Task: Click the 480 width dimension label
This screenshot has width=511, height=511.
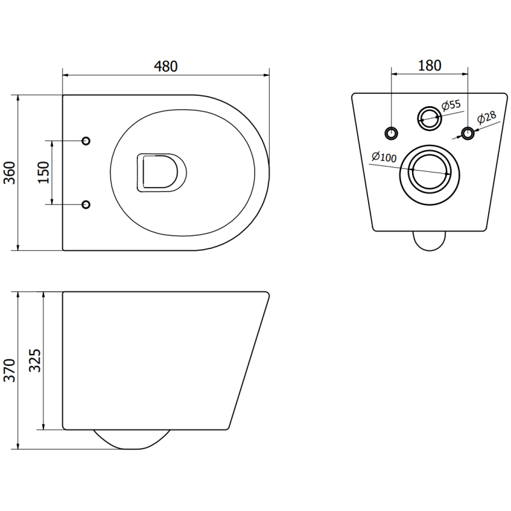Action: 165,66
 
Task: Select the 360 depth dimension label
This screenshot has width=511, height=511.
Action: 10,172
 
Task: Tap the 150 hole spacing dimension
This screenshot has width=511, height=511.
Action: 43,172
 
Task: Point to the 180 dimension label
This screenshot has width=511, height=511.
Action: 429,65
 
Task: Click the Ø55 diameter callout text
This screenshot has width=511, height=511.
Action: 451,105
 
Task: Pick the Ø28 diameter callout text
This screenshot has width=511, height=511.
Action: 487,119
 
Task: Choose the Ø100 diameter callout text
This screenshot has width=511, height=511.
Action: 384,157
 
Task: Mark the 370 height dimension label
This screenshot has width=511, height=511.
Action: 10,370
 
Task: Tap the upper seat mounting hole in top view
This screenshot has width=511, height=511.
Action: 87,141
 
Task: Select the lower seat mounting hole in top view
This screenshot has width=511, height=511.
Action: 87,204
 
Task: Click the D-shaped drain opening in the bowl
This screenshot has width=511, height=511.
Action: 160,172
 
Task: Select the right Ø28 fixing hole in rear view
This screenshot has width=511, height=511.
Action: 468,133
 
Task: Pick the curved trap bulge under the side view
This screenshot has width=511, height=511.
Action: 132,439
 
